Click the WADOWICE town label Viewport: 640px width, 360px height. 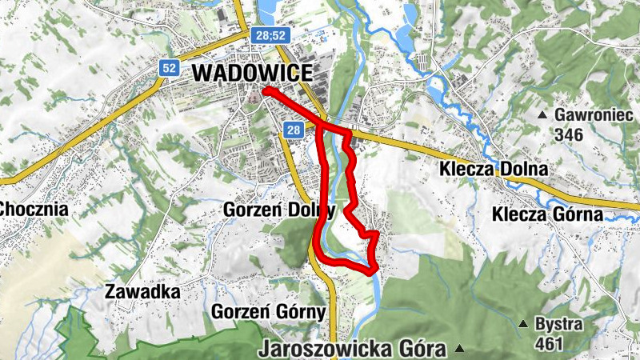(252, 73)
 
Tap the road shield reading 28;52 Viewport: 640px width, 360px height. (274, 36)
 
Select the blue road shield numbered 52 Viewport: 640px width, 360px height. (168, 68)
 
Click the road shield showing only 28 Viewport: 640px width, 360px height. (294, 130)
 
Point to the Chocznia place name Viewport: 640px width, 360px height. (34, 210)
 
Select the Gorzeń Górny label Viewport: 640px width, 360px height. (268, 312)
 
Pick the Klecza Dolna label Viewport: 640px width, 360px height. (494, 170)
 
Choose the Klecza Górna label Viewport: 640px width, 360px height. (546, 214)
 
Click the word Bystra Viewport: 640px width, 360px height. (558, 325)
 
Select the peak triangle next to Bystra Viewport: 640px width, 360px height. (522, 324)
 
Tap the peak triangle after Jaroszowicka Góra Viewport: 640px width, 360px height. (460, 349)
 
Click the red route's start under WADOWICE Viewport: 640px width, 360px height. (266, 92)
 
